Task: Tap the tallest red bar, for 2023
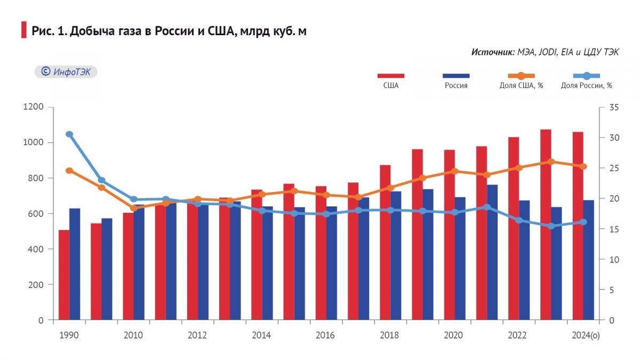click(545, 224)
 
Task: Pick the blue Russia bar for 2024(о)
click(589, 260)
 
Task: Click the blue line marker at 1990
click(69, 134)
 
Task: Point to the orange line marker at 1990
click(69, 171)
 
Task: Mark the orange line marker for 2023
click(551, 162)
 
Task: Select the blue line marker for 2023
click(551, 226)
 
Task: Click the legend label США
click(390, 86)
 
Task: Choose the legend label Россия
click(456, 86)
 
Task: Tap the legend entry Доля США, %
click(521, 86)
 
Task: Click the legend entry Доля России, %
click(586, 86)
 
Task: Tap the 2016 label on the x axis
click(325, 335)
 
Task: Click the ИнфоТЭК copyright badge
click(66, 71)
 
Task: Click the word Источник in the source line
click(492, 52)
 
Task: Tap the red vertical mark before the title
click(23, 30)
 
